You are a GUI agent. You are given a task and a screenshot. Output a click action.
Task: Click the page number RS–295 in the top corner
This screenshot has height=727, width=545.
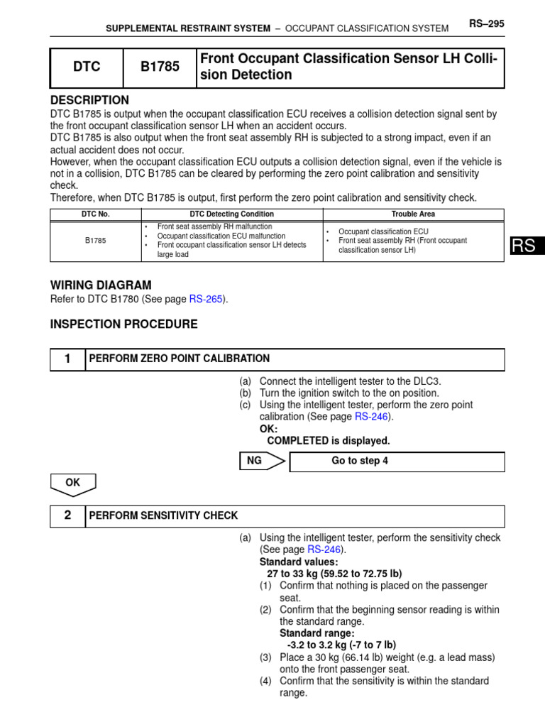click(x=486, y=24)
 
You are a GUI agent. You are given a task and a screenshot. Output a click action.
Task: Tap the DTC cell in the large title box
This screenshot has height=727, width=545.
click(x=87, y=67)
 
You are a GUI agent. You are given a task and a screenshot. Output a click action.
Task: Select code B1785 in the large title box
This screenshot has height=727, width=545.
click(x=160, y=67)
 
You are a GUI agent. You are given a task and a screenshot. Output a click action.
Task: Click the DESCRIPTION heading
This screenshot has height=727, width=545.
click(x=89, y=100)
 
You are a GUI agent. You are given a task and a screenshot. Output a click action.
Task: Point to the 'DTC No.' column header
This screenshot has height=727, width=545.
click(x=96, y=214)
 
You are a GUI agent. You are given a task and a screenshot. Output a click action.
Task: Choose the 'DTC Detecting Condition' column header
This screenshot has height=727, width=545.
click(x=231, y=214)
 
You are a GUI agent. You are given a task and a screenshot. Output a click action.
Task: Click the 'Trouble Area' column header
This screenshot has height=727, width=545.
click(x=413, y=214)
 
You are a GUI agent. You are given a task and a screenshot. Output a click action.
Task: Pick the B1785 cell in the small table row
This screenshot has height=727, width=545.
click(x=96, y=241)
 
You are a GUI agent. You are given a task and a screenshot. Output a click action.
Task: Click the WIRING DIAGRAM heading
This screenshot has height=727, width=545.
click(x=100, y=285)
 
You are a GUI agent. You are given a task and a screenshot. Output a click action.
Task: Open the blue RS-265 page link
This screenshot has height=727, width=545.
click(x=206, y=300)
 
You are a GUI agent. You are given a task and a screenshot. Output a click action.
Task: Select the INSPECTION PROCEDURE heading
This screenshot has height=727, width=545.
click(x=123, y=324)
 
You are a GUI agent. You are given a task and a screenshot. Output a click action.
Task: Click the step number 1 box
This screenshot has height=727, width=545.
click(x=67, y=359)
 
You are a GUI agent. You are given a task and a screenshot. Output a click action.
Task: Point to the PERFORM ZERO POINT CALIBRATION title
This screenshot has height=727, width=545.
click(x=179, y=359)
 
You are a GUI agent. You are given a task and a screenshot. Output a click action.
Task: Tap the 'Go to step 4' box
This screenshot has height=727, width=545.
click(x=359, y=461)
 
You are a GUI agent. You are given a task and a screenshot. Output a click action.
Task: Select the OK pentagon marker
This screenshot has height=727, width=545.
click(x=72, y=483)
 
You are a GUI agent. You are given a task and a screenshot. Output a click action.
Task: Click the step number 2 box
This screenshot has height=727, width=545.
click(x=67, y=516)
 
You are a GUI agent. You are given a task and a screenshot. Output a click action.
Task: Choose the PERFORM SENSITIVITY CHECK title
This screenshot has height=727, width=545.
click(x=163, y=516)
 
